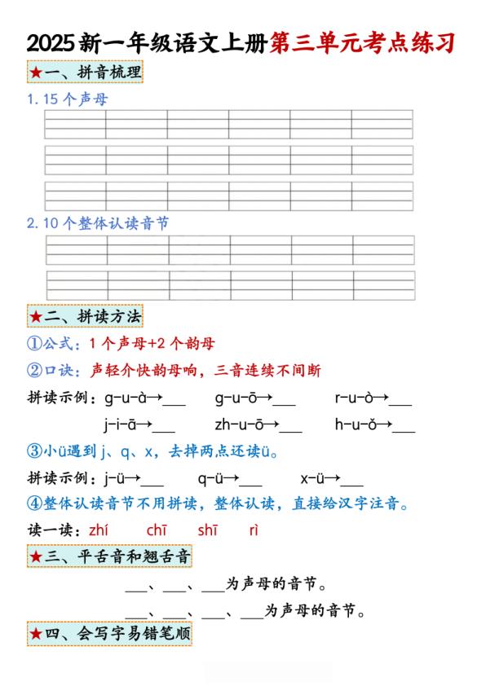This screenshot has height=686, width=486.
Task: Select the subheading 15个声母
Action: pos(67,99)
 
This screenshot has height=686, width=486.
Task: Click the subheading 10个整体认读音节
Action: pos(97,222)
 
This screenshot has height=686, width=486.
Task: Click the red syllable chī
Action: pos(157,530)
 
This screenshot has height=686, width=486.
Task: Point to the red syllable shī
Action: pos(207,530)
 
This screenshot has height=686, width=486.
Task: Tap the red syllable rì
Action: pos(254,530)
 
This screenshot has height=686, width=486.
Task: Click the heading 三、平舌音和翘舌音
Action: pos(110,556)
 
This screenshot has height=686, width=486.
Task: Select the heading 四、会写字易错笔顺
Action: pos(110,633)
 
